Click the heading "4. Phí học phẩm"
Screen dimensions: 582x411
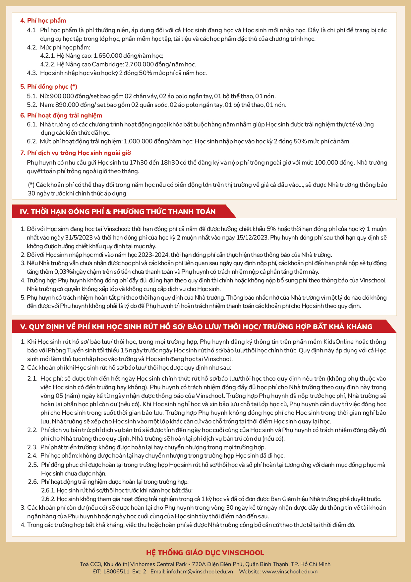tap(43, 21)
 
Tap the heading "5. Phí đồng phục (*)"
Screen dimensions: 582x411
tap(49, 87)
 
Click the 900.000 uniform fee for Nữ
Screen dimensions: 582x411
tap(60, 96)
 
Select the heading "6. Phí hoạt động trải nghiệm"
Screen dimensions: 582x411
tap(61, 115)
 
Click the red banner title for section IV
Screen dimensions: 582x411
tap(118, 212)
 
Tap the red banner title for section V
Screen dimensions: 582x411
tap(196, 327)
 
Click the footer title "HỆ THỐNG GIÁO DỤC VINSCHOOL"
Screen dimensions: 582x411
tap(205, 553)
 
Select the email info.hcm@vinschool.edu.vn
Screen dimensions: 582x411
tap(200, 571)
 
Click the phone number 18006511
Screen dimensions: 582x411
tap(116, 571)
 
